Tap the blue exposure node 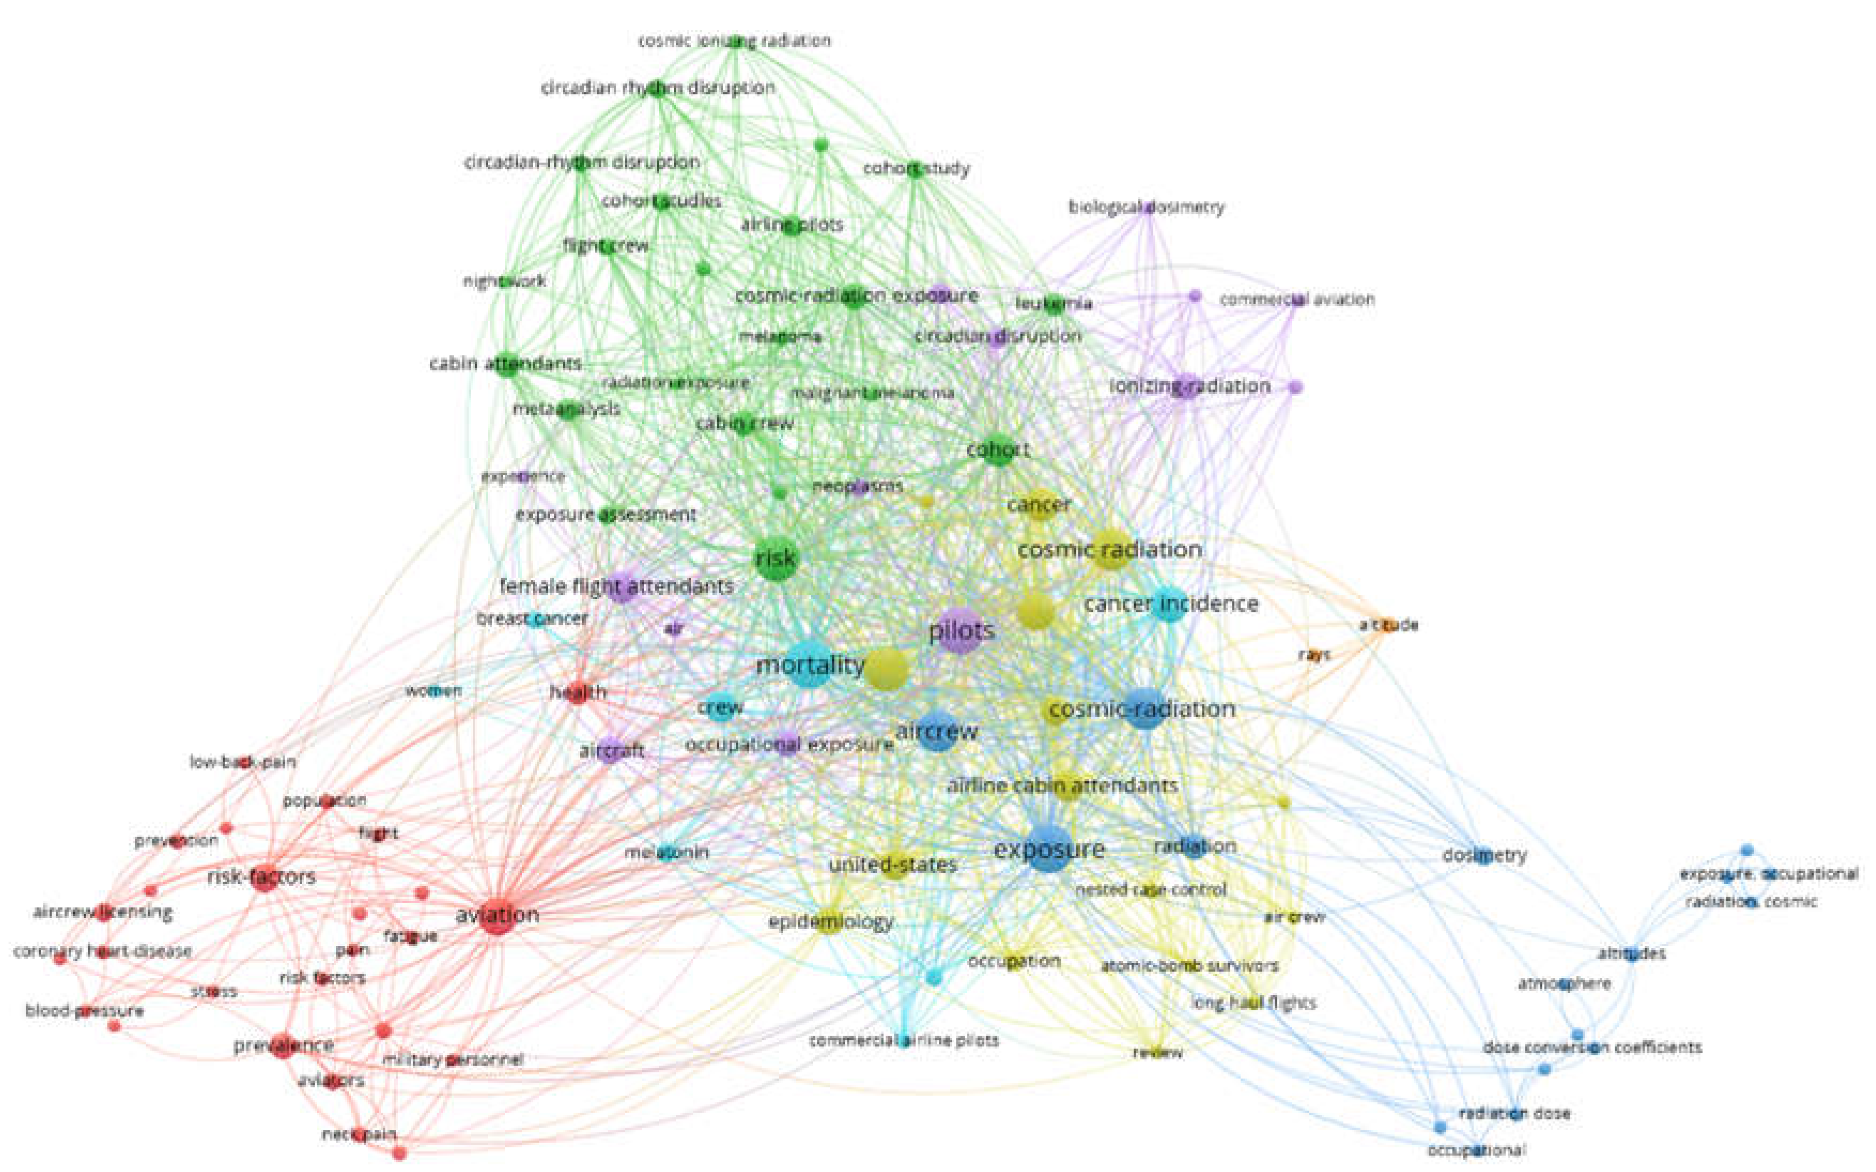1048,850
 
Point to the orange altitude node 1387,625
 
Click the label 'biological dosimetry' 1146,207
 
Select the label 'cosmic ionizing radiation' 733,40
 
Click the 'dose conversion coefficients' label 1592,1047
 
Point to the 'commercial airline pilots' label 903,1040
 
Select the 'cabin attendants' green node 507,363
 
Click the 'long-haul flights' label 1253,1003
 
